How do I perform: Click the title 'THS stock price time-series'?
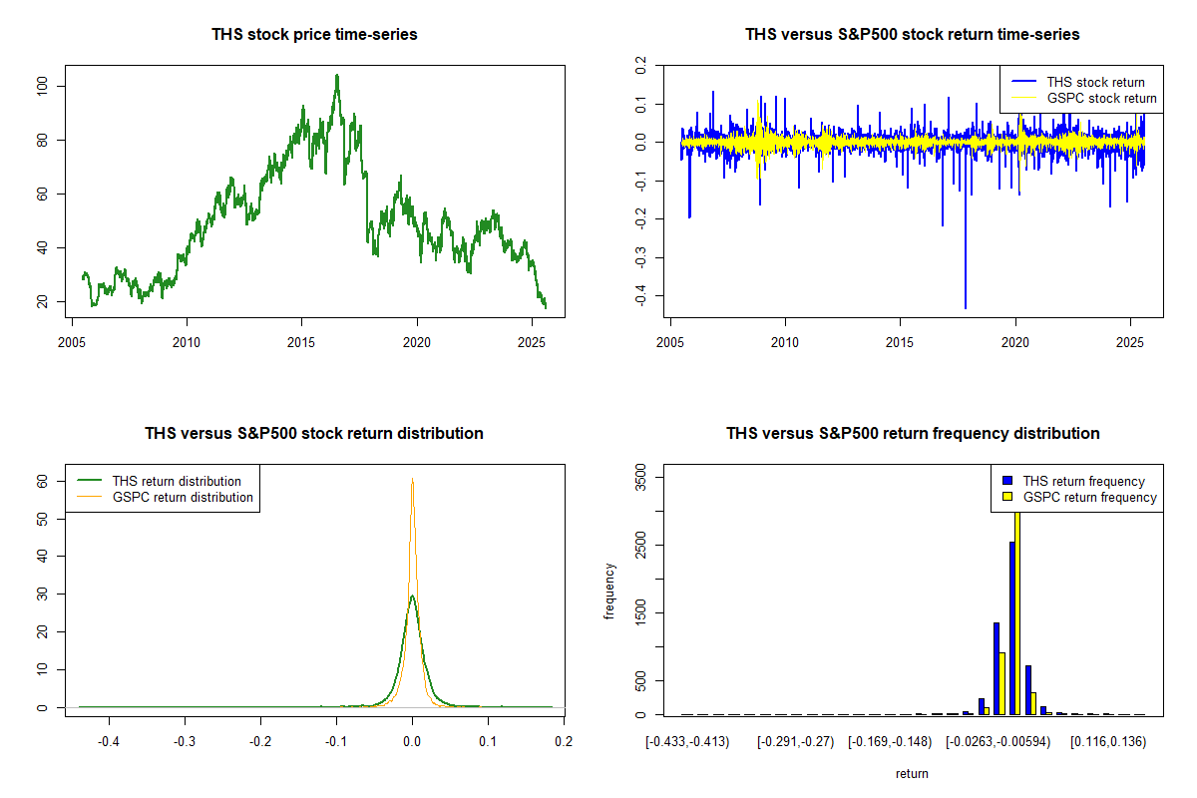(314, 35)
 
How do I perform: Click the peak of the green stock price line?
(337, 76)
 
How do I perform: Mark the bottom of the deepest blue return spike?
(965, 307)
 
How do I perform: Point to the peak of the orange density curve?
(412, 480)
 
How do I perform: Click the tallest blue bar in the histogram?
(1012, 628)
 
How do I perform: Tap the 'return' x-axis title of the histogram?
(912, 773)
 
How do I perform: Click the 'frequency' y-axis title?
(609, 592)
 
